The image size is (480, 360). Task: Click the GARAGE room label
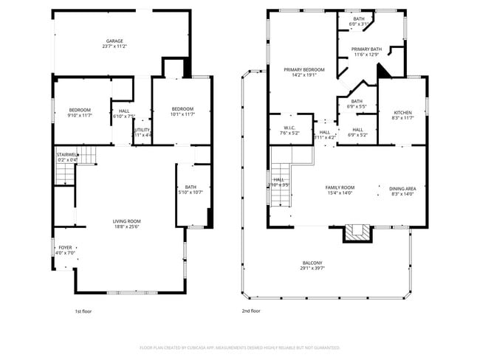point(114,41)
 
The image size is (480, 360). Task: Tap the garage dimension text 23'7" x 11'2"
point(114,46)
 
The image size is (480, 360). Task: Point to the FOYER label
point(66,248)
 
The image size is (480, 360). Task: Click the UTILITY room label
point(142,130)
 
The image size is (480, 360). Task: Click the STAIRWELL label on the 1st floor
point(67,155)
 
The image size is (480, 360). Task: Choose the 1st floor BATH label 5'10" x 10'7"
point(191,187)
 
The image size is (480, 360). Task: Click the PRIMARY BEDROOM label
point(304,69)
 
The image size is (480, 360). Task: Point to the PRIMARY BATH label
point(366,49)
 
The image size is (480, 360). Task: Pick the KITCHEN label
point(402,112)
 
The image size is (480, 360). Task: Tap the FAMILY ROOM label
point(340,187)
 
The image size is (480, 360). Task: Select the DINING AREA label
point(402,187)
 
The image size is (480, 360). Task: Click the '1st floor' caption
point(83,311)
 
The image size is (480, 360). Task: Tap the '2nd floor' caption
point(252,311)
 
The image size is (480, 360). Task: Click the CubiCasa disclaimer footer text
point(239,347)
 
